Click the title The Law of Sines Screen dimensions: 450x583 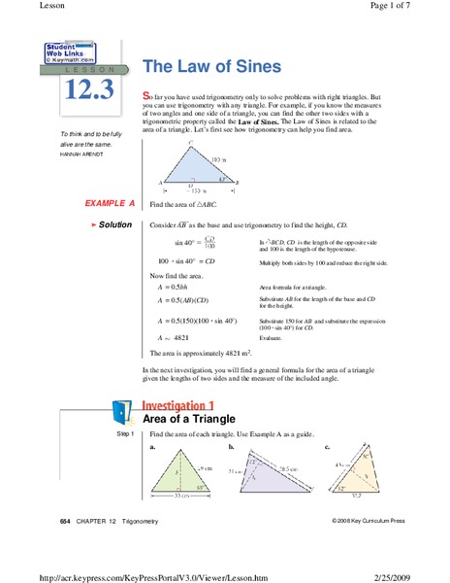coord(211,67)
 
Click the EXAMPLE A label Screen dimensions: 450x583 coord(110,204)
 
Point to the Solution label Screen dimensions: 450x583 coord(112,224)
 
